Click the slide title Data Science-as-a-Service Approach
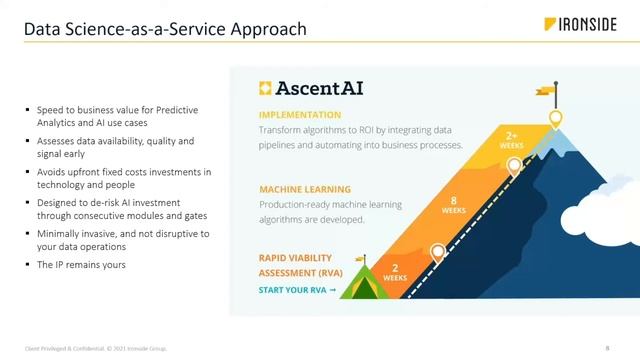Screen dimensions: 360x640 click(x=165, y=30)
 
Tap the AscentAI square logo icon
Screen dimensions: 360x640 click(x=266, y=87)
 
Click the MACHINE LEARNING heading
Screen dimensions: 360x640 click(x=305, y=189)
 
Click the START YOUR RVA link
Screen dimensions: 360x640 click(x=297, y=291)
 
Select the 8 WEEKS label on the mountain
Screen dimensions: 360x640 click(x=454, y=204)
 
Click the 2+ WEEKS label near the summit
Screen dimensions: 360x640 click(x=511, y=140)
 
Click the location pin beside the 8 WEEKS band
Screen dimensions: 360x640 click(x=514, y=167)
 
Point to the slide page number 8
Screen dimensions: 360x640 click(x=607, y=347)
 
